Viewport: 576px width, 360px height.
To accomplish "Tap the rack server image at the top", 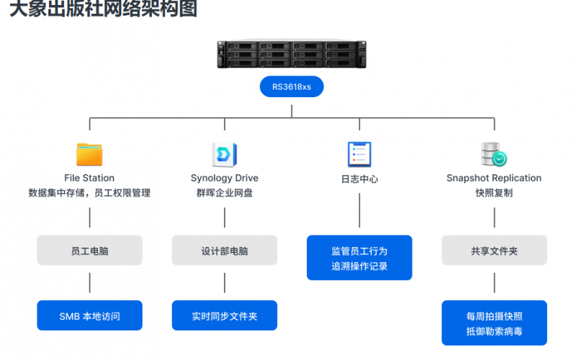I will click(x=292, y=55).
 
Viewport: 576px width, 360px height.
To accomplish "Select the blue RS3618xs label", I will click(x=292, y=87).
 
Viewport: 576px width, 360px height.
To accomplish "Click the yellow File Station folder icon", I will click(x=89, y=154).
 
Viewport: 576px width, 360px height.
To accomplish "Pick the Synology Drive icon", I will click(x=224, y=154).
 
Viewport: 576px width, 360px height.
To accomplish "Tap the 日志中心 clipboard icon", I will click(x=359, y=154).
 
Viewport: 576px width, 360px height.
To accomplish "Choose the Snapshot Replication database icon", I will click(x=493, y=154).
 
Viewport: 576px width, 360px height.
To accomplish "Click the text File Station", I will click(x=89, y=178).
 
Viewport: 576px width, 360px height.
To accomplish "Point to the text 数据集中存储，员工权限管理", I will click(x=89, y=193).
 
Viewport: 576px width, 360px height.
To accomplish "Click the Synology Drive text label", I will click(x=224, y=178).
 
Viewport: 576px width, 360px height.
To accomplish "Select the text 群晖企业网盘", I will click(x=224, y=193).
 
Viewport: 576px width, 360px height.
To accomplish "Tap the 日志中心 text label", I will click(x=359, y=179).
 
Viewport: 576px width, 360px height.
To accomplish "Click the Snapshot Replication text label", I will click(x=494, y=178).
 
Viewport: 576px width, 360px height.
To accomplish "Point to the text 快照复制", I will click(x=494, y=193).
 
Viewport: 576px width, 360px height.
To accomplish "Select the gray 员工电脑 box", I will click(x=89, y=251).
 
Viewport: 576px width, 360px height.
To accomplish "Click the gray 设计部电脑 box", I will click(x=224, y=251).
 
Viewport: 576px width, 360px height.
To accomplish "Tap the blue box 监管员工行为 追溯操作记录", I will click(x=359, y=258).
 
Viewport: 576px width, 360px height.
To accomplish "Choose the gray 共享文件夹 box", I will click(x=494, y=251).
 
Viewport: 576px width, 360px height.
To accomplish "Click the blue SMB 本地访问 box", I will click(x=89, y=315).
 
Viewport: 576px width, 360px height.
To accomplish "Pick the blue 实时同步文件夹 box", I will click(x=224, y=315).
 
